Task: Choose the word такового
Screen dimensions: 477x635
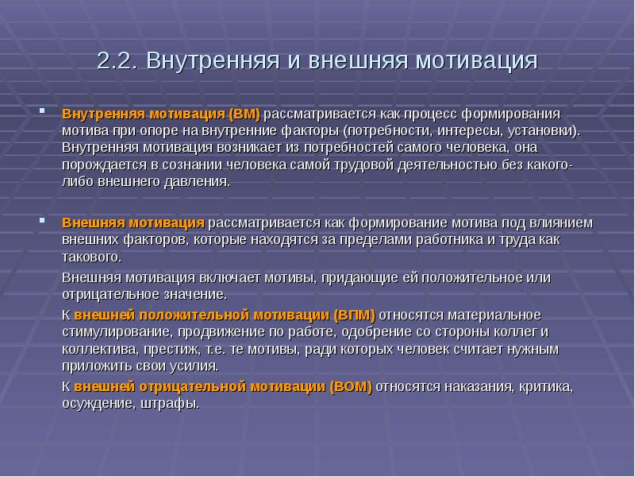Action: tap(91, 256)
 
